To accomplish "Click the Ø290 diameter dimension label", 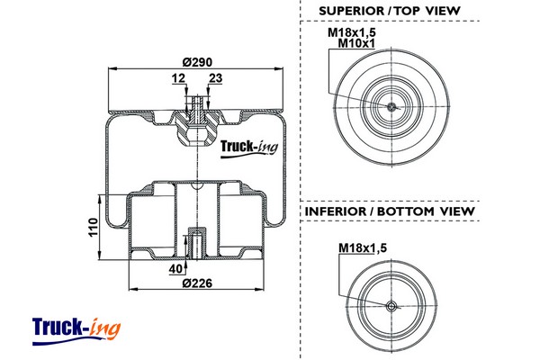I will pos(195,60).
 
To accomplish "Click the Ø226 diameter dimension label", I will pos(196,284).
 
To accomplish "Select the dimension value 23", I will pos(214,78).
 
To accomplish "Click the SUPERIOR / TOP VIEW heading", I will pos(390,11).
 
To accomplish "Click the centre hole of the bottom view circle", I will pos(390,307).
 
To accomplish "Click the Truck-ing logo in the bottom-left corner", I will pos(76,328).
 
